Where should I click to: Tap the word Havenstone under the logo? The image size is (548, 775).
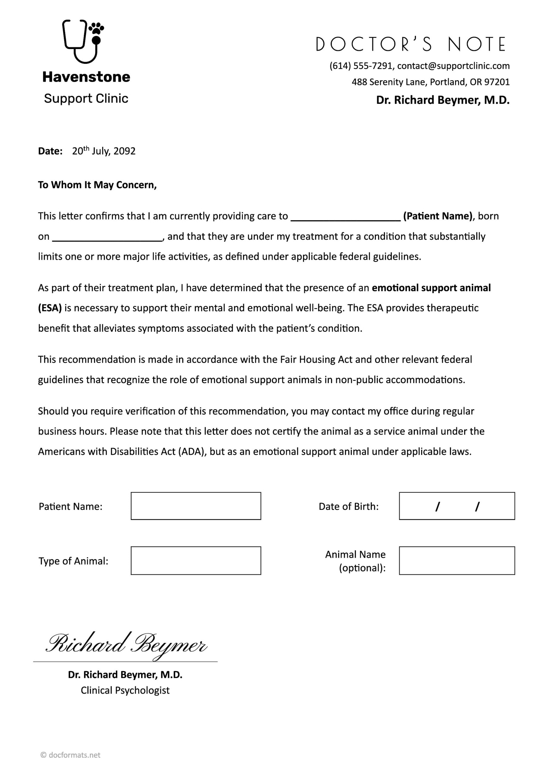[x=86, y=77]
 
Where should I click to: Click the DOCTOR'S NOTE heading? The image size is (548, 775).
[x=410, y=44]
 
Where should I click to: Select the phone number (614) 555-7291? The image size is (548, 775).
[x=361, y=66]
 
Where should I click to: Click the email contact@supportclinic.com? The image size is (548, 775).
[x=453, y=66]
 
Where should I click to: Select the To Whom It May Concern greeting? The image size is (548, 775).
[x=97, y=185]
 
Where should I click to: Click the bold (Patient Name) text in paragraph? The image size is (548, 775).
[x=437, y=216]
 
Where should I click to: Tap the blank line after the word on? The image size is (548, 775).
[x=107, y=237]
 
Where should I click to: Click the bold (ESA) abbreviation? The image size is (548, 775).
[x=50, y=308]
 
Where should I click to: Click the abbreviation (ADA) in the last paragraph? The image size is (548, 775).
[x=192, y=452]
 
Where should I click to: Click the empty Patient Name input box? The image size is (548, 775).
[x=196, y=506]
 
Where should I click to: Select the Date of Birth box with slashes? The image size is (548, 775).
[x=457, y=506]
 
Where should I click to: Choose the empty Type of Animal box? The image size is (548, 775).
[x=196, y=561]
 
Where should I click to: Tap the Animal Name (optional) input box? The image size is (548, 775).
[x=457, y=561]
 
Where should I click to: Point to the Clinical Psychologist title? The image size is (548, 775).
[x=125, y=690]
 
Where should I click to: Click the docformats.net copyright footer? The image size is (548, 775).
[x=71, y=755]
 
